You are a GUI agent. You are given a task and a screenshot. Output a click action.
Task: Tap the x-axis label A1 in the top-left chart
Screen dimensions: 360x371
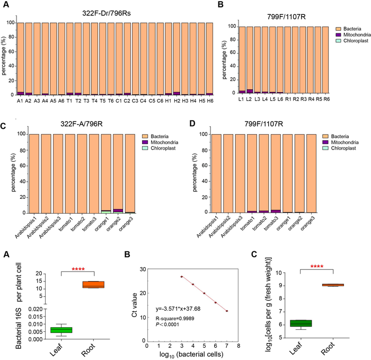pos(20,100)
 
